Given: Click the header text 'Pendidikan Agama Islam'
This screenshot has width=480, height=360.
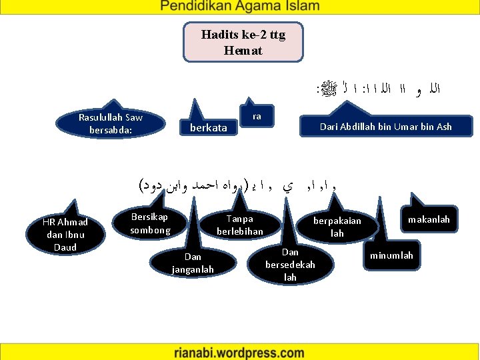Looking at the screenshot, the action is pyautogui.click(x=239, y=7).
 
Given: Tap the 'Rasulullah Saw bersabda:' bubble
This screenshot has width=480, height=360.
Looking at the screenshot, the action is pyautogui.click(x=111, y=123).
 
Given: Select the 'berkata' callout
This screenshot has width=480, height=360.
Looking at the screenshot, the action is pyautogui.click(x=209, y=127).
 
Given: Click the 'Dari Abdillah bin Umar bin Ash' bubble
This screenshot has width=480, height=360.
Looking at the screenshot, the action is pyautogui.click(x=385, y=127).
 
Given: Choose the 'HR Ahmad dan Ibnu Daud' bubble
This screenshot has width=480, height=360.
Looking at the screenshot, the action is pyautogui.click(x=65, y=235).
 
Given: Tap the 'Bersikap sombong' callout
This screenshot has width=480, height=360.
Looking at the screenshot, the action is pyautogui.click(x=150, y=224).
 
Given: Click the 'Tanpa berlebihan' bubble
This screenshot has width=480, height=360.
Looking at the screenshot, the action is pyautogui.click(x=240, y=225).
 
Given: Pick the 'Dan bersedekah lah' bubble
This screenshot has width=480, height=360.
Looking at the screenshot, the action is pyautogui.click(x=290, y=264).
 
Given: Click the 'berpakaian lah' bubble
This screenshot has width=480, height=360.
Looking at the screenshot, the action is pyautogui.click(x=337, y=227).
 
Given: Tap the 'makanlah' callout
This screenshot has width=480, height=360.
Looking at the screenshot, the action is pyautogui.click(x=429, y=219).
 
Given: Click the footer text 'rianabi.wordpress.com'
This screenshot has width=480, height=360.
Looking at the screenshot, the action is pyautogui.click(x=240, y=351).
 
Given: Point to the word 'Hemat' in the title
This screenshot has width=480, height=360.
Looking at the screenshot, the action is pyautogui.click(x=243, y=51).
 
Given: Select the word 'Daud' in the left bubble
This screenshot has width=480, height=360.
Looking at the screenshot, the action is pyautogui.click(x=65, y=247).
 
